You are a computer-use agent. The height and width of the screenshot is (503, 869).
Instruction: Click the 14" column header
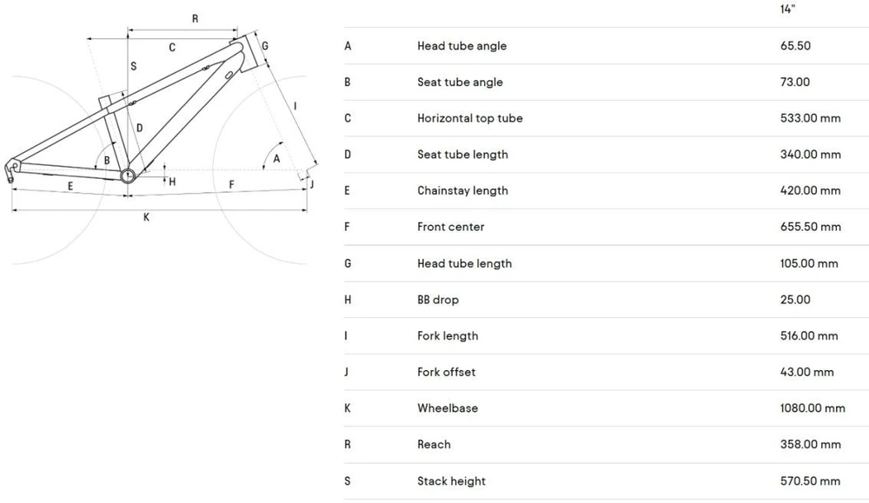pyautogui.click(x=787, y=9)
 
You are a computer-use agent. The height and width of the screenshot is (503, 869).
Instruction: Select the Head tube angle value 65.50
pyautogui.click(x=795, y=46)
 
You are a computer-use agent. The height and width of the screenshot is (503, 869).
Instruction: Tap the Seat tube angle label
pyautogui.click(x=460, y=82)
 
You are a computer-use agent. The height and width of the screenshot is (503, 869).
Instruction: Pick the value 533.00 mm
pyautogui.click(x=810, y=118)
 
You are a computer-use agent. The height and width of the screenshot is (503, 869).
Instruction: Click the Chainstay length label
pyautogui.click(x=463, y=190)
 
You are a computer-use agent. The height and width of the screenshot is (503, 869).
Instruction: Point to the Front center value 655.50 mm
pyautogui.click(x=810, y=227)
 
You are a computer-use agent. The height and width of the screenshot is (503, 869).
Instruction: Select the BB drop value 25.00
pyautogui.click(x=795, y=300)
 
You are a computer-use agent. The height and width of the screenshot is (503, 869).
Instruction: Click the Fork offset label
pyautogui.click(x=446, y=373)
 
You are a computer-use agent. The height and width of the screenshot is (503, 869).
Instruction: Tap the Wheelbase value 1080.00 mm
pyautogui.click(x=813, y=408)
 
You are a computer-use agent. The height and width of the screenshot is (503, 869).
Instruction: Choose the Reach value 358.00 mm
pyautogui.click(x=810, y=444)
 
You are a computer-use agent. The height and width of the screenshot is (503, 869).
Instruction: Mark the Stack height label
pyautogui.click(x=451, y=481)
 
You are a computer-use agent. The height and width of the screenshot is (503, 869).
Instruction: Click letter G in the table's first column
pyautogui.click(x=348, y=264)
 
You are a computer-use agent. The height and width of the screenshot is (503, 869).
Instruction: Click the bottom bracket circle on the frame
pyautogui.click(x=128, y=176)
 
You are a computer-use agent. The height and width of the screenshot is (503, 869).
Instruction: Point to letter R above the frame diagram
pyautogui.click(x=195, y=19)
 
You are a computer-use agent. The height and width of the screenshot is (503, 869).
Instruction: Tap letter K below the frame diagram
pyautogui.click(x=146, y=217)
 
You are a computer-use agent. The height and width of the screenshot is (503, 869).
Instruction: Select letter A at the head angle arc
pyautogui.click(x=276, y=159)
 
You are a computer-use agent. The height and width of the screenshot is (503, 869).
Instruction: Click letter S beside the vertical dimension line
pyautogui.click(x=134, y=67)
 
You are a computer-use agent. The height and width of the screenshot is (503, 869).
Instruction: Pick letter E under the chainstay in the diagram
pyautogui.click(x=70, y=186)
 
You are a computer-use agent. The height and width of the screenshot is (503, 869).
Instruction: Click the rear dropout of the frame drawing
pyautogui.click(x=11, y=169)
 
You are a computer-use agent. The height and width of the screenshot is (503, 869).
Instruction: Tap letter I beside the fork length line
pyautogui.click(x=295, y=106)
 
